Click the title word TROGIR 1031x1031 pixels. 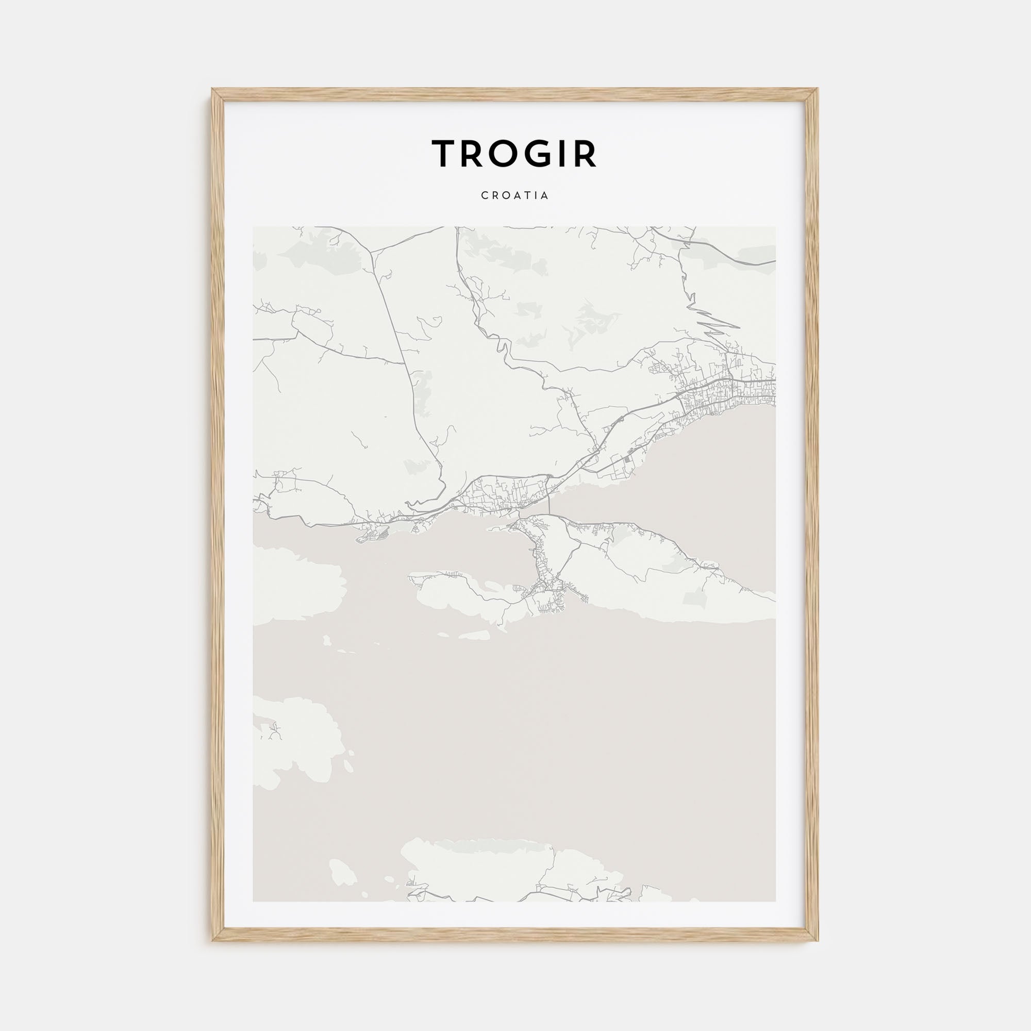pos(514,153)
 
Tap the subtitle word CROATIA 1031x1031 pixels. pos(514,196)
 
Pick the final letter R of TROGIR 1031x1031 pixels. pos(586,153)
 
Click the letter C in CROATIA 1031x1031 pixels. pos(484,196)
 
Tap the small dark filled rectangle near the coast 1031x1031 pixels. pos(627,458)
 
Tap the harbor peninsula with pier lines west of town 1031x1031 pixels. pos(374,534)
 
